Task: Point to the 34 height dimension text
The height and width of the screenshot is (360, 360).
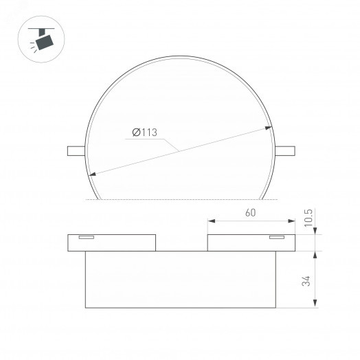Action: point(306,280)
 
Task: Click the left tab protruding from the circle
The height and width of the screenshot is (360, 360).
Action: point(75,150)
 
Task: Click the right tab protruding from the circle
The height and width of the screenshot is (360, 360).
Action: point(286,150)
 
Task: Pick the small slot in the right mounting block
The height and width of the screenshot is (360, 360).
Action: point(276,238)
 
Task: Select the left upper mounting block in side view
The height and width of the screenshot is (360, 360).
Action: point(111,243)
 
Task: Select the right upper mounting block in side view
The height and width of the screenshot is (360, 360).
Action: point(250,243)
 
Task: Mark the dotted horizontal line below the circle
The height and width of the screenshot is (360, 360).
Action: point(180,199)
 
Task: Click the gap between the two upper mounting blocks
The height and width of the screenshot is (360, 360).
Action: point(181,243)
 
